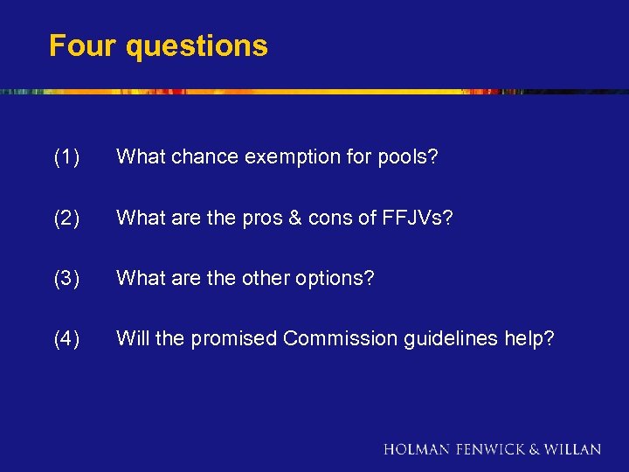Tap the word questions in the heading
(197, 46)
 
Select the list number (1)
(66, 157)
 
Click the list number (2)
(66, 218)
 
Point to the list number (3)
(66, 278)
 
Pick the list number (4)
(66, 338)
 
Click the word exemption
(287, 157)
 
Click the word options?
(335, 278)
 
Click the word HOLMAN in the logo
(417, 449)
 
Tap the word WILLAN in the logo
(573, 449)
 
